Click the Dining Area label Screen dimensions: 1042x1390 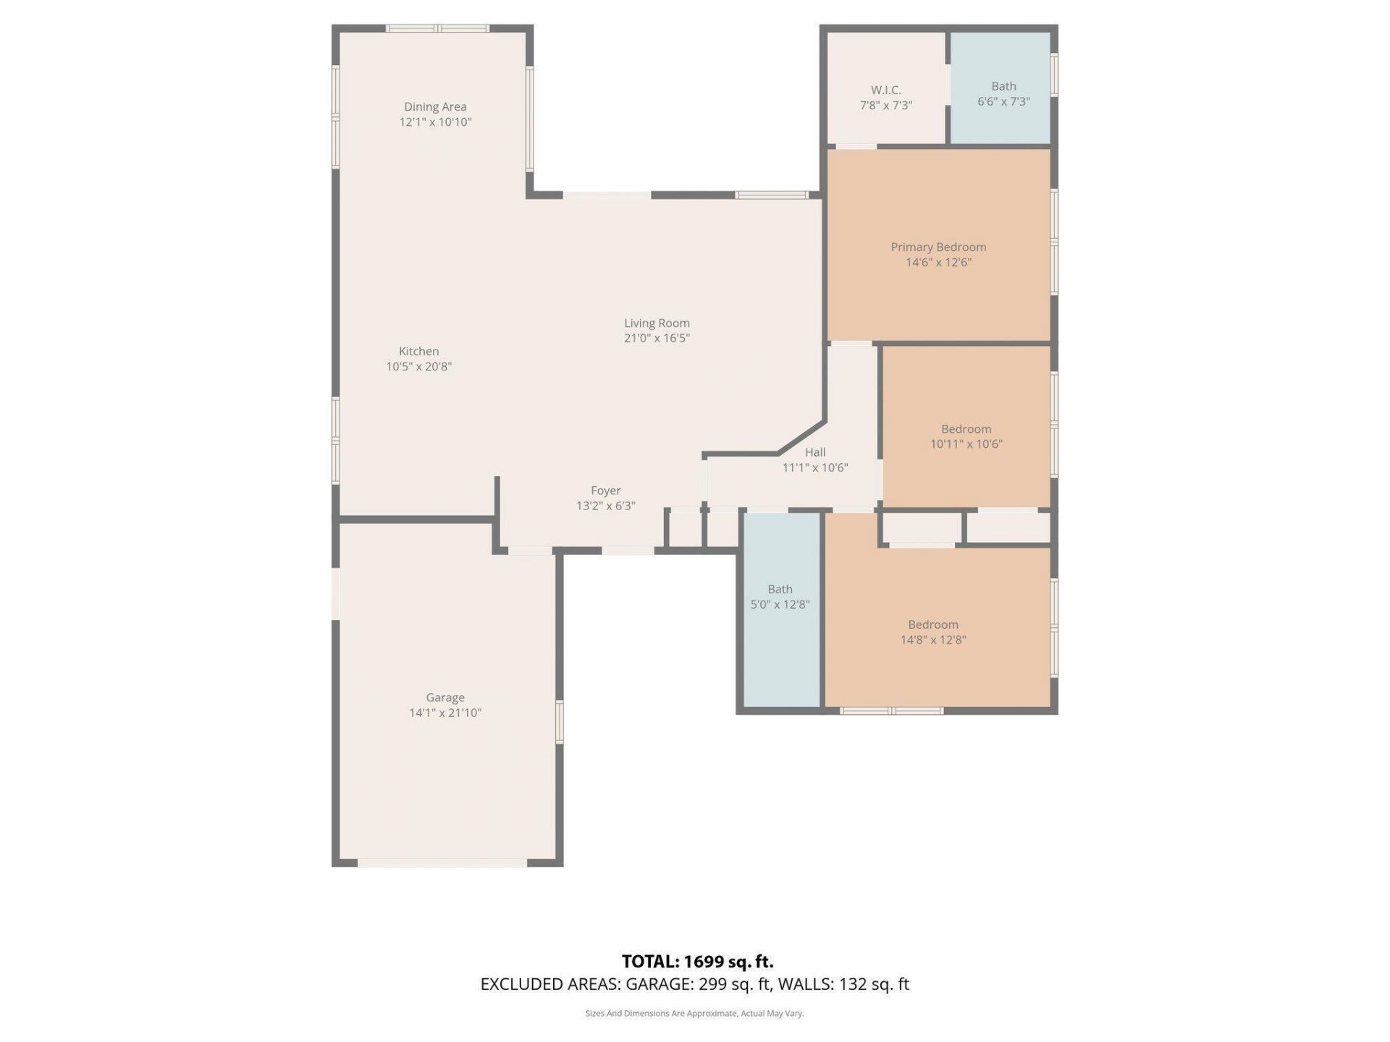click(x=435, y=107)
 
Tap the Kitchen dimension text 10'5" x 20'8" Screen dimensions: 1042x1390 click(x=418, y=367)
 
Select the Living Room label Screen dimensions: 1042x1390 click(x=657, y=323)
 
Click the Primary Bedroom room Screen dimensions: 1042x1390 click(x=938, y=217)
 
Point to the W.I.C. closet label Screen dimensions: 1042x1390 click(x=885, y=90)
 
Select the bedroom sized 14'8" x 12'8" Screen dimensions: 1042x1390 click(x=934, y=666)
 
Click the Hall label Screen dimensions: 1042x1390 click(x=815, y=452)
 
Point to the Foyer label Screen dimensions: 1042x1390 click(x=605, y=491)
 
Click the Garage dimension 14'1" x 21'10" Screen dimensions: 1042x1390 click(x=445, y=713)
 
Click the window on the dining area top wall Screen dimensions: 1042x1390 click(x=437, y=29)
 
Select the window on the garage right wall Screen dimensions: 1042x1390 click(x=559, y=721)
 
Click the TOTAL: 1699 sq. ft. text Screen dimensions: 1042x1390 click(x=697, y=962)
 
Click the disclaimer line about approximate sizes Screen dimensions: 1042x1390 click(x=694, y=1014)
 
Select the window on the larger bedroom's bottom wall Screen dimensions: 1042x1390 click(x=891, y=711)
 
